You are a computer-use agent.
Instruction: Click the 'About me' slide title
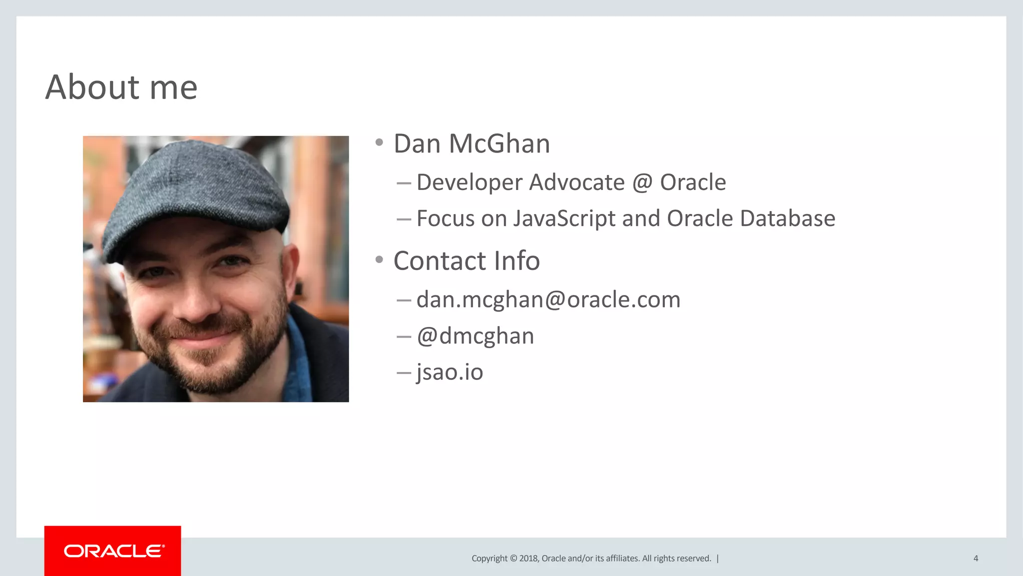(x=121, y=87)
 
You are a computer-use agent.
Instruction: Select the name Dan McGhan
(x=472, y=143)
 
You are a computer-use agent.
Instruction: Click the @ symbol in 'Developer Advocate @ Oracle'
(x=642, y=182)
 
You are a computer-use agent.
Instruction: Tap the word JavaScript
(x=564, y=218)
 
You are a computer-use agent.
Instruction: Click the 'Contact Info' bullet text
(x=467, y=260)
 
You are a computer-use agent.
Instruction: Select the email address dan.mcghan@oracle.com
(x=548, y=299)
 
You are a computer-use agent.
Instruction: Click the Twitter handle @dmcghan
(x=475, y=336)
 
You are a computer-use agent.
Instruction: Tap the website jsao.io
(x=450, y=372)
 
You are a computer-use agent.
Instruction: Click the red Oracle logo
(x=113, y=550)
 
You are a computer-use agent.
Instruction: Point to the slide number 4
(x=976, y=558)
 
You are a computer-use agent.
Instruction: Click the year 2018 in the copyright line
(x=528, y=558)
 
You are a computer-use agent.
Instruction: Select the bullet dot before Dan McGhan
(x=379, y=143)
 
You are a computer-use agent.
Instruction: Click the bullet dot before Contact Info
(x=379, y=259)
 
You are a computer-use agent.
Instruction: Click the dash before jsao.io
(x=404, y=372)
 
